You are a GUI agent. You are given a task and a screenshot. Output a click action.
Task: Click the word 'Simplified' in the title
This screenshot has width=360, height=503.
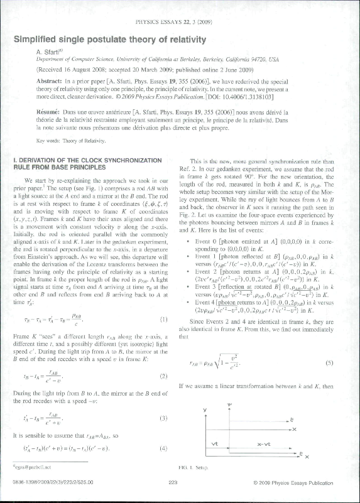(x=38, y=39)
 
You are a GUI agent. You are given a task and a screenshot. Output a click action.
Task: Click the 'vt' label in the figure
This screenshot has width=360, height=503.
(x=215, y=443)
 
